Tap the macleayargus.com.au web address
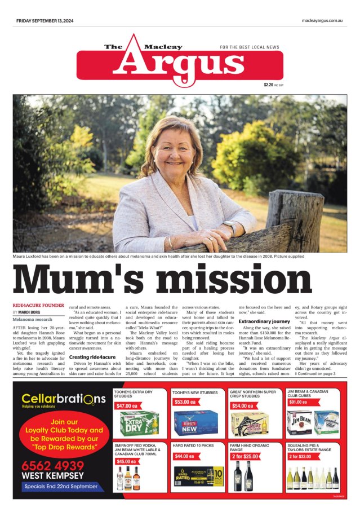point(322,21)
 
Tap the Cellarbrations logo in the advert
point(63,399)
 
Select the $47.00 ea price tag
point(127,405)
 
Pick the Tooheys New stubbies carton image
point(195,423)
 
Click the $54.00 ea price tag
point(243,405)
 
